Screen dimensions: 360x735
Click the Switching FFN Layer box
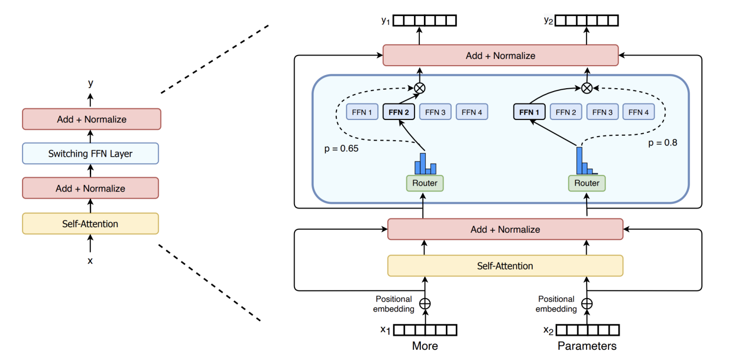tap(90, 153)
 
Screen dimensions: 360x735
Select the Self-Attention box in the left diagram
tap(90, 224)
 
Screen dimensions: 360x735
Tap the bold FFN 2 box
tap(399, 112)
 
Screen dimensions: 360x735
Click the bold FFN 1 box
tap(529, 112)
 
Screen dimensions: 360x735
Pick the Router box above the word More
tap(425, 183)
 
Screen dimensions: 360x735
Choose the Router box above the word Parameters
tap(587, 183)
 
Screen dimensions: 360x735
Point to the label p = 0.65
tap(342, 148)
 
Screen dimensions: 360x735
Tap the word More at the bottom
tap(425, 346)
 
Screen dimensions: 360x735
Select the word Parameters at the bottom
tap(587, 346)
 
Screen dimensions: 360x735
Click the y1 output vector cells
tap(425, 21)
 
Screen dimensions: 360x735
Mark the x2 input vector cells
tap(587, 330)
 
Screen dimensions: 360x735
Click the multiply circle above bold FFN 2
tap(420, 88)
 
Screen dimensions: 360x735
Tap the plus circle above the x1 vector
tap(425, 304)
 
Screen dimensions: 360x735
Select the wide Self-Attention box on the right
tap(505, 266)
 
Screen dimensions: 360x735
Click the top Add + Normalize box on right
tap(500, 55)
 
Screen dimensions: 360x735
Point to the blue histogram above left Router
tap(425, 164)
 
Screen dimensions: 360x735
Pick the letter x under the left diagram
tap(90, 261)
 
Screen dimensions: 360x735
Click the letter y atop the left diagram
tap(90, 83)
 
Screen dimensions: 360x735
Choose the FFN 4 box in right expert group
tap(639, 112)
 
